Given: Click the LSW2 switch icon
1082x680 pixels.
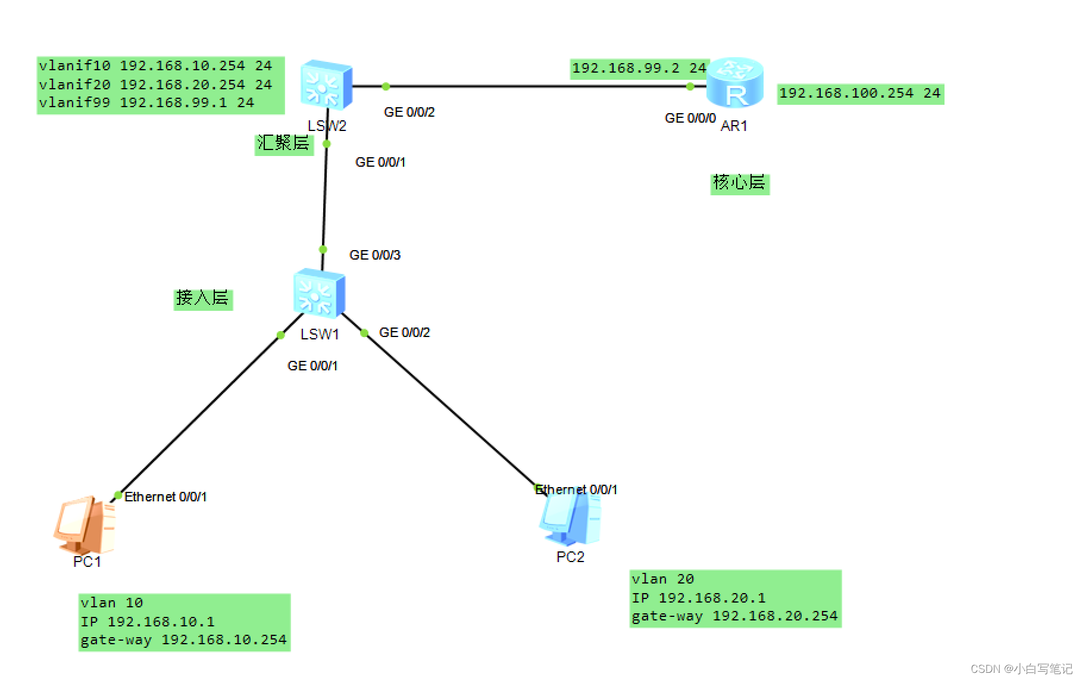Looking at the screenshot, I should tap(326, 85).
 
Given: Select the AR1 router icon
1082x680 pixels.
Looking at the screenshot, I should tap(736, 83).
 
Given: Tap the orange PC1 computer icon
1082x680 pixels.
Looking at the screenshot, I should tap(85, 525).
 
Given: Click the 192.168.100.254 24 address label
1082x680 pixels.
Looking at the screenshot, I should tap(859, 93).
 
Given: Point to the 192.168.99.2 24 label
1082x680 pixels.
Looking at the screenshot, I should tap(638, 68).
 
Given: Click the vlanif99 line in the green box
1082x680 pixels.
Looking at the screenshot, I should tap(146, 102).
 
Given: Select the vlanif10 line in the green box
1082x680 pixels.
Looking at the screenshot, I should tap(155, 65).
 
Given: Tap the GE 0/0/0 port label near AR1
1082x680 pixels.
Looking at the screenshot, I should tap(690, 118).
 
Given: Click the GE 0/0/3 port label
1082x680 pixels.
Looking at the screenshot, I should tap(374, 255).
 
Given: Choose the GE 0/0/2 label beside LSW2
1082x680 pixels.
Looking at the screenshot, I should tap(409, 112).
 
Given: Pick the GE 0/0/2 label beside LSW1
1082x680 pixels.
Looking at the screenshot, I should tap(404, 332).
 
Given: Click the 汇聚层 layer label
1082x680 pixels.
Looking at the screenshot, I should tap(283, 144).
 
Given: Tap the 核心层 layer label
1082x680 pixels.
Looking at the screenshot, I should tap(739, 183).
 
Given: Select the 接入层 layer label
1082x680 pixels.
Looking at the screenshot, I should tap(202, 298).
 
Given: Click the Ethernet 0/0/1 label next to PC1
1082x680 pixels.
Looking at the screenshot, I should tap(165, 497).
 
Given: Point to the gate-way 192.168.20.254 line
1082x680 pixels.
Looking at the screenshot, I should tap(734, 616).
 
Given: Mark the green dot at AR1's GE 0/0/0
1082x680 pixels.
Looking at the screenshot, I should tap(690, 86).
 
